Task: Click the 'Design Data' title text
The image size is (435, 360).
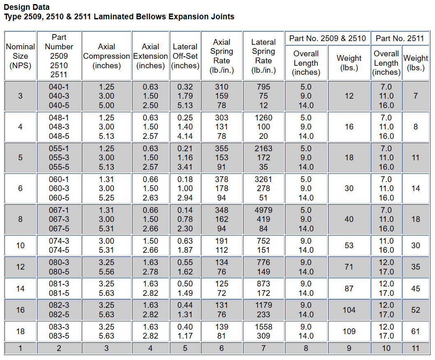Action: click(27, 7)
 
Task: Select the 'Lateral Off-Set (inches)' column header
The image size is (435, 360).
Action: click(185, 56)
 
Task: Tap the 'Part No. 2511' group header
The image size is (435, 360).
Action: click(400, 38)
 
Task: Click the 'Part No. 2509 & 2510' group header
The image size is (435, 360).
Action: click(327, 38)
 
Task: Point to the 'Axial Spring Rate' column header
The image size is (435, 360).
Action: click(222, 56)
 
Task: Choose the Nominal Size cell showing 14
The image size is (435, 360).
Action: click(20, 288)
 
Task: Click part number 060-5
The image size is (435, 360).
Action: click(59, 198)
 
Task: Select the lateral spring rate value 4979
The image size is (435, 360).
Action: click(263, 210)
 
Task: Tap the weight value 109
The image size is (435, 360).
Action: click(349, 331)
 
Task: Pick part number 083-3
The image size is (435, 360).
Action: click(59, 327)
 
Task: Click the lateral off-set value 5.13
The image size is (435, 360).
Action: click(185, 105)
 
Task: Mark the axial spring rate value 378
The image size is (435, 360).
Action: click(222, 179)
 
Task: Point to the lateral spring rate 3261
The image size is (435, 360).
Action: click(263, 179)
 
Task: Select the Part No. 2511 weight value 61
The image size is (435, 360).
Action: click(415, 331)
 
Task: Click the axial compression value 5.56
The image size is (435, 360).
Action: click(106, 272)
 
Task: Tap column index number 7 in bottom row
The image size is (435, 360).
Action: click(263, 348)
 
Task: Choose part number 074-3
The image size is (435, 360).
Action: click(59, 241)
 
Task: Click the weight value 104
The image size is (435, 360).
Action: click(349, 310)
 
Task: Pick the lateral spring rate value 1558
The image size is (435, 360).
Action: click(263, 327)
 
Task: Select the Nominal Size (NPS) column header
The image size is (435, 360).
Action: click(20, 56)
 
